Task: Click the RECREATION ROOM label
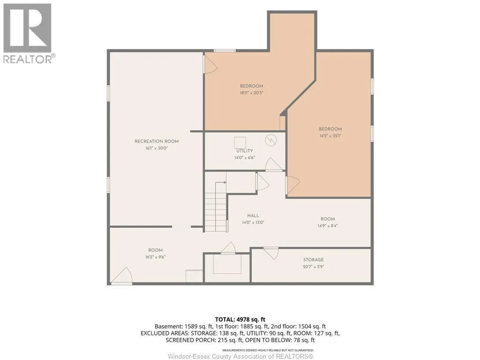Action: click(157, 142)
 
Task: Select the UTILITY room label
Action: click(245, 151)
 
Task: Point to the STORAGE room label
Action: click(313, 260)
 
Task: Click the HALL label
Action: click(253, 216)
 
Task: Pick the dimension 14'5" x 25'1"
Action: click(330, 136)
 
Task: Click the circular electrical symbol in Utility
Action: click(271, 140)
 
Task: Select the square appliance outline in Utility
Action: click(240, 143)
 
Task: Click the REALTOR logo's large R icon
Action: click(27, 28)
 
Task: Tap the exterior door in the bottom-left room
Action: click(122, 276)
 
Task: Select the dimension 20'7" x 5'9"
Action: click(313, 267)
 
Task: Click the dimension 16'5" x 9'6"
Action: click(155, 257)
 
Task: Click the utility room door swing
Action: click(274, 165)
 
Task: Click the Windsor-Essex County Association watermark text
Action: click(240, 356)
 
